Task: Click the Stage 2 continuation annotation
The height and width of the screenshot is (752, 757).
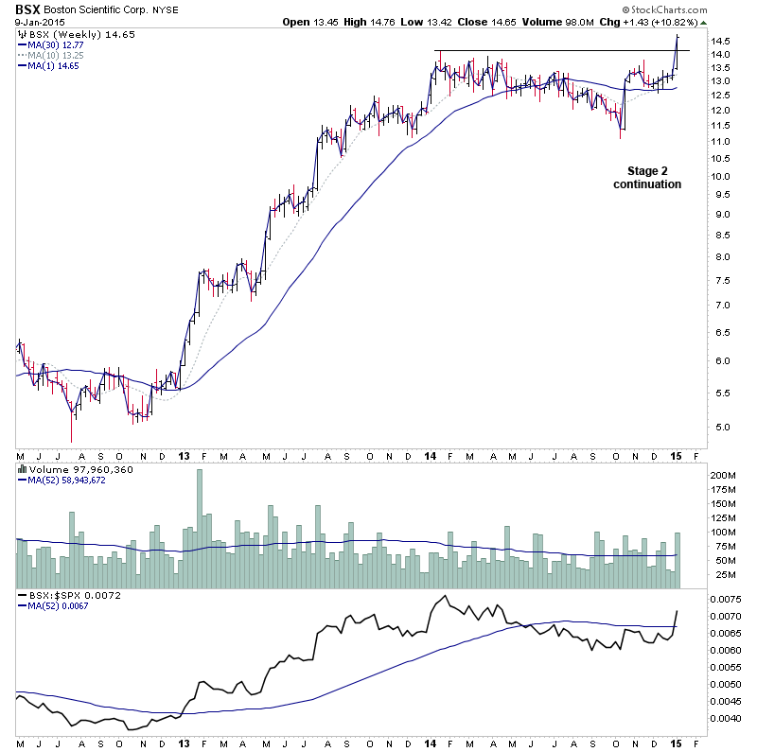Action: click(x=646, y=178)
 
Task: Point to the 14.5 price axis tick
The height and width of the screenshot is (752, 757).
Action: click(x=721, y=41)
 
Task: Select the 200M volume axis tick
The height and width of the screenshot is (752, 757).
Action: click(x=723, y=475)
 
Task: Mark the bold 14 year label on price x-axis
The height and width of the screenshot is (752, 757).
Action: click(x=431, y=456)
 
